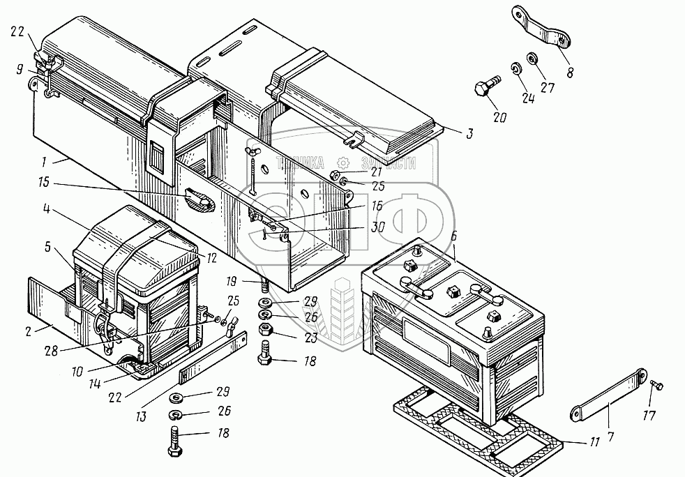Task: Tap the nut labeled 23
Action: (x=266, y=331)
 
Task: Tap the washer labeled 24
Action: (x=515, y=69)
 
